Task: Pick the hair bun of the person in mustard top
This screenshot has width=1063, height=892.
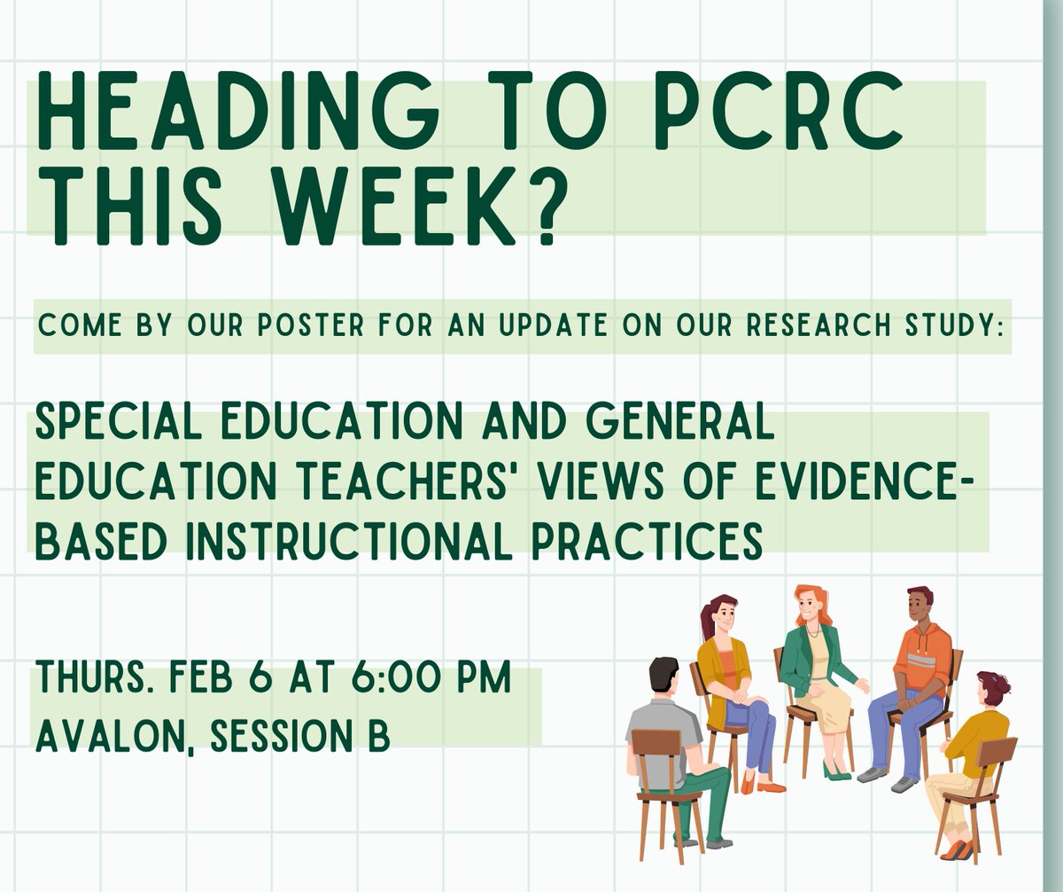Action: tap(1002, 682)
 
